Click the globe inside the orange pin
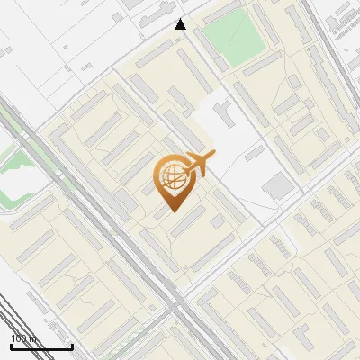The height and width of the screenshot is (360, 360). [x=170, y=177]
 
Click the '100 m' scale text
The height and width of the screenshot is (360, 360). [x=24, y=338]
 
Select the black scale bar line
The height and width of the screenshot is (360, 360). [x=41, y=346]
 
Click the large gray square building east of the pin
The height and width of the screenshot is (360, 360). [x=278, y=186]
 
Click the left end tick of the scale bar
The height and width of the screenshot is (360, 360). [x=11, y=346]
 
